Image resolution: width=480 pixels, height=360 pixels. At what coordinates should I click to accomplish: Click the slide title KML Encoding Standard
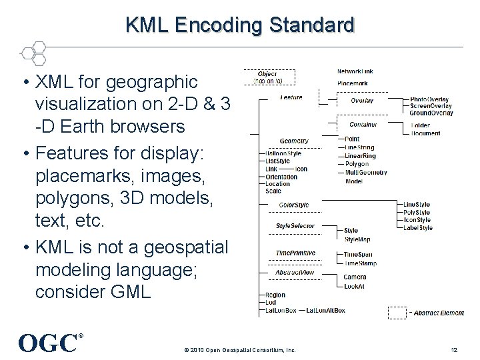[240, 25]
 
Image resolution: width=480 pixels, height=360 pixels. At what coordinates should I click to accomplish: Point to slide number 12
[454, 350]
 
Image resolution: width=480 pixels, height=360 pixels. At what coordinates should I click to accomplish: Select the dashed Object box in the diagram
[267, 77]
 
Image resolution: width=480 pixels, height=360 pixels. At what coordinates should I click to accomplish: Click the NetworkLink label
[355, 71]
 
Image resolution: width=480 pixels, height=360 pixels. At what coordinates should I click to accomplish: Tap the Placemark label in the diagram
[352, 83]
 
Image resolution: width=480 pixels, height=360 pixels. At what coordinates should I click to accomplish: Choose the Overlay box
[362, 101]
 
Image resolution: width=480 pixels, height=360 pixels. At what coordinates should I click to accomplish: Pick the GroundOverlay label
[431, 113]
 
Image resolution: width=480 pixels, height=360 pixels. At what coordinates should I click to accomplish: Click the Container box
[363, 125]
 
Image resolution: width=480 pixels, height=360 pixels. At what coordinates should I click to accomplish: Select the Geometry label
[293, 141]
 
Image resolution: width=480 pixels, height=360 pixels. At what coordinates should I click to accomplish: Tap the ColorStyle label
[294, 205]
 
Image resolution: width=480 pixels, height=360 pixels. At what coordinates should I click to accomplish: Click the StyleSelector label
[295, 226]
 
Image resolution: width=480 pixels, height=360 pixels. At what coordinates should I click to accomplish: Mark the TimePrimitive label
[295, 253]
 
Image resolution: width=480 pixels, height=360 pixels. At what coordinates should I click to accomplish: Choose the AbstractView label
[295, 272]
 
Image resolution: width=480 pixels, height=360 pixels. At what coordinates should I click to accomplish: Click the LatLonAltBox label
[325, 310]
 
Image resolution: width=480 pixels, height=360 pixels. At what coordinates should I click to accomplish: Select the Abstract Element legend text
[438, 313]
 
